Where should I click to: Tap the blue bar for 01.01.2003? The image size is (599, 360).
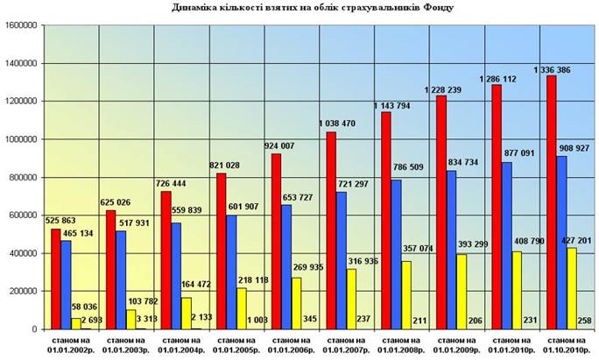point(121,279)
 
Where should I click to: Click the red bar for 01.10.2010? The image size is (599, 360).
point(551,202)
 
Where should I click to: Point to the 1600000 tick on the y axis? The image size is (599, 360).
point(21,25)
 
